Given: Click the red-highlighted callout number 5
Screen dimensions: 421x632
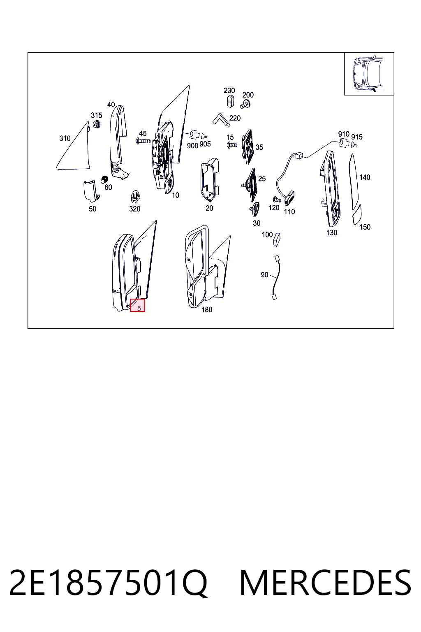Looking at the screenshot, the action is pos(139,308).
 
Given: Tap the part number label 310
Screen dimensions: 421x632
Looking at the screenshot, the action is pos(65,139).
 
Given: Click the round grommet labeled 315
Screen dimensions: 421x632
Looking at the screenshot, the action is pos(97,124).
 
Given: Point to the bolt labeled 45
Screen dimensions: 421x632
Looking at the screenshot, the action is pos(143,140).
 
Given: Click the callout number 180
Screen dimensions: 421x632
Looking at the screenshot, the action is pos(207,309).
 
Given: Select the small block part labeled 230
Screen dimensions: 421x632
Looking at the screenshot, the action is pos(230,101).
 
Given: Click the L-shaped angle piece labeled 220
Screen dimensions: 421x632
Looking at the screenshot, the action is pos(220,119).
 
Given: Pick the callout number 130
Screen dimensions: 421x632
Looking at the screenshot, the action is pos(332,233).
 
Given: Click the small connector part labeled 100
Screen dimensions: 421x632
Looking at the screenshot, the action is pos(277,240).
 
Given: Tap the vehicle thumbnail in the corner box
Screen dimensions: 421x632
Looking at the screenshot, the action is pos(368,74).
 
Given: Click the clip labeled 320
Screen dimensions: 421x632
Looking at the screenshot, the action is pos(136,196).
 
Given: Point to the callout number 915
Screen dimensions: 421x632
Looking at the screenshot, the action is pos(357,137).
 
